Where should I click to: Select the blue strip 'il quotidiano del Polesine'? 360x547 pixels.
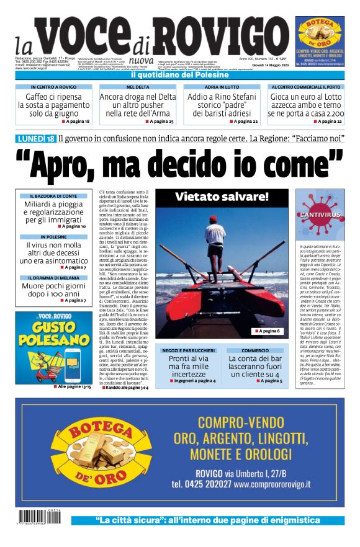[x=179, y=75]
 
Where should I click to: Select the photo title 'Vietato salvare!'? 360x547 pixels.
[x=222, y=198]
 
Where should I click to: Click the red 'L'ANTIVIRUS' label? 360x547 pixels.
[x=320, y=215]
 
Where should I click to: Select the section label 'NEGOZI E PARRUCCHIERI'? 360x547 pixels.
[x=189, y=350]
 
